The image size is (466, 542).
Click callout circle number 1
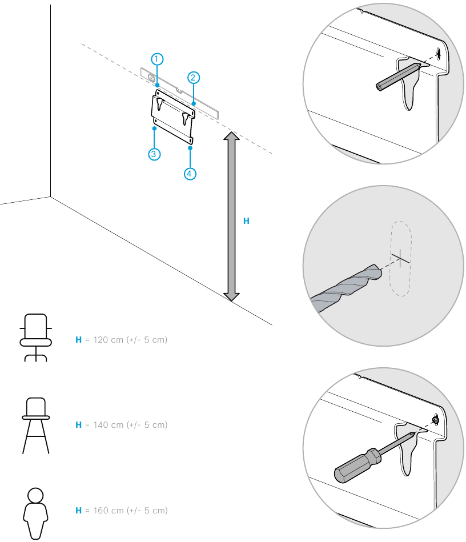[158, 59]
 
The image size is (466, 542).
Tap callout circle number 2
[194, 77]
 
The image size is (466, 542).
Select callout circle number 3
[154, 154]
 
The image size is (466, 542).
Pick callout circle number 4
[190, 174]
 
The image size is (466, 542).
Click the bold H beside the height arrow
[246, 220]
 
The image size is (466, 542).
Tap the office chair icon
[35, 337]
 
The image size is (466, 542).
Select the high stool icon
[35, 425]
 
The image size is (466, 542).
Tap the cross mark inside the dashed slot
[401, 258]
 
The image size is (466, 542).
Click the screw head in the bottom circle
[435, 420]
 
